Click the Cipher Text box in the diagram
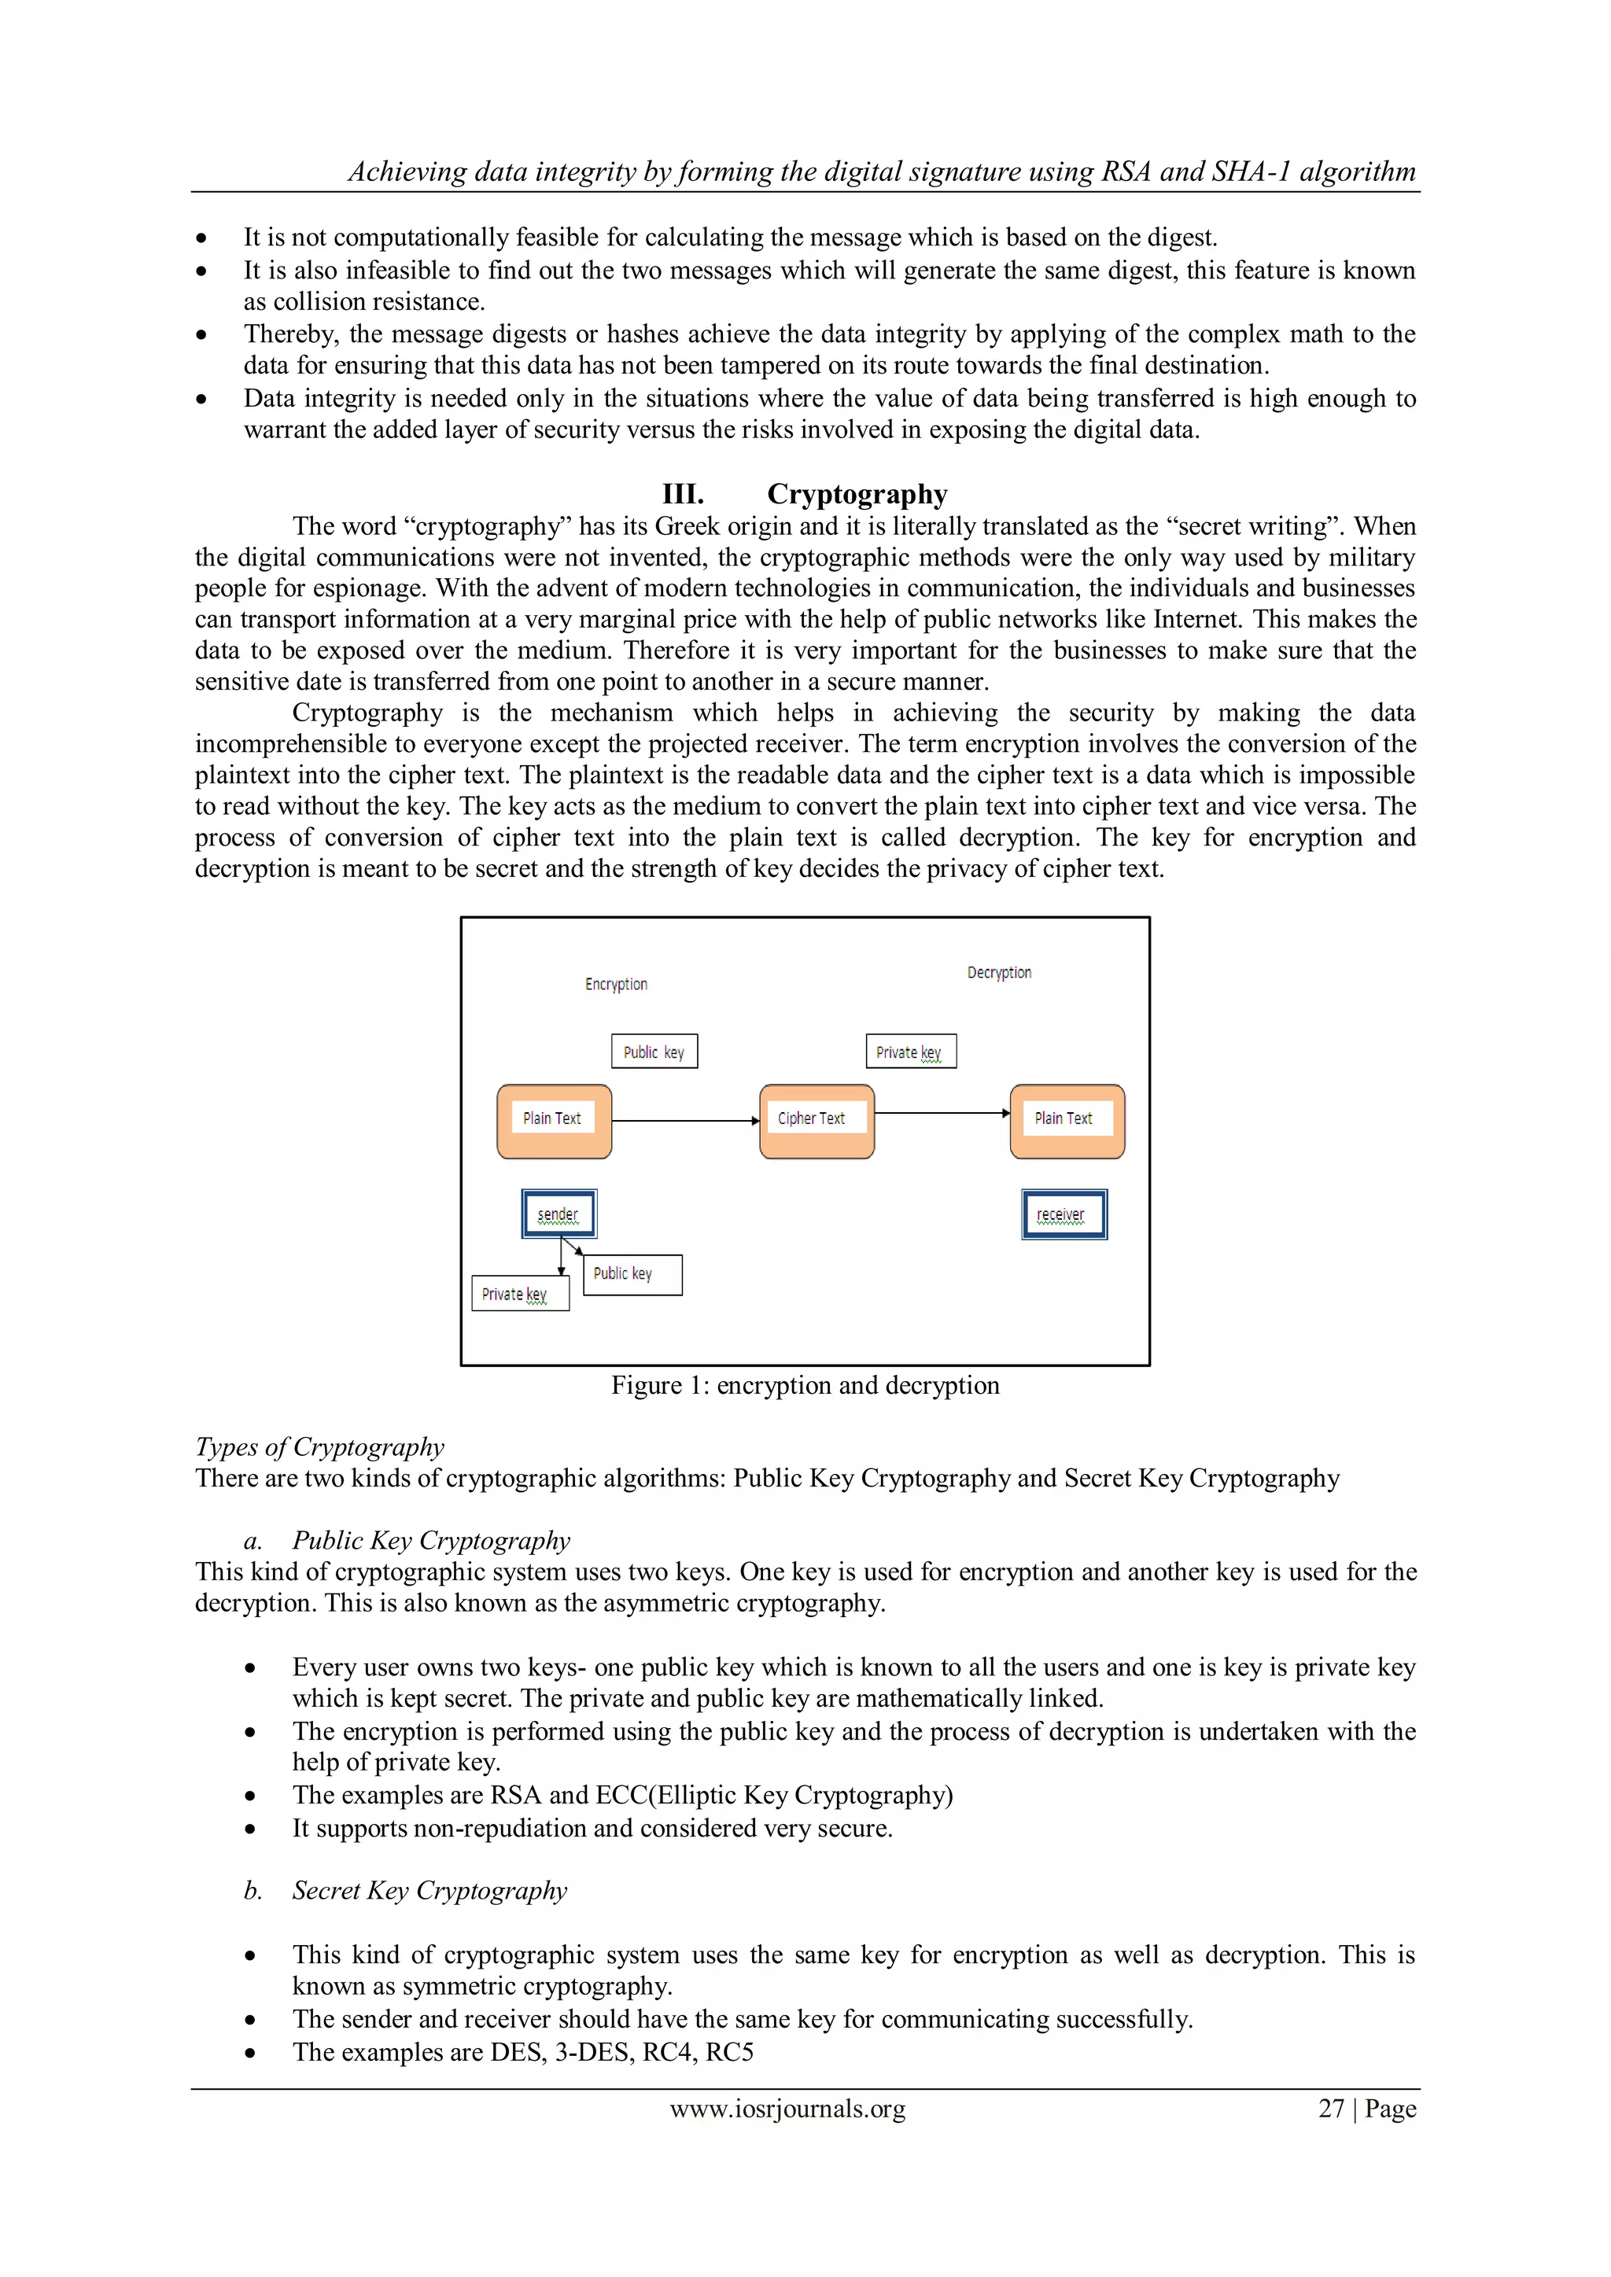pyautogui.click(x=816, y=1121)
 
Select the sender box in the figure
pyautogui.click(x=559, y=1214)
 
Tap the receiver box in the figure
pyautogui.click(x=1064, y=1214)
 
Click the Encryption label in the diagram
pyautogui.click(x=616, y=984)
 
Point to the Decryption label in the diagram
pyautogui.click(x=999, y=973)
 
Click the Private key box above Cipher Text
pyautogui.click(x=911, y=1052)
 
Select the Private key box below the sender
pyautogui.click(x=520, y=1293)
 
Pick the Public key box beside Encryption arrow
pyautogui.click(x=654, y=1052)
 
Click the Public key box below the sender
pyautogui.click(x=632, y=1274)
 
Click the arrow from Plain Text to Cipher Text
pyautogui.click(x=684, y=1121)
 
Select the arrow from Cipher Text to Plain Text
pyautogui.click(x=942, y=1113)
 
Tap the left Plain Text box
pyautogui.click(x=554, y=1121)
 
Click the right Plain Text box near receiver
pyautogui.click(x=1067, y=1121)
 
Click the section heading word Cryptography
pyautogui.click(x=857, y=494)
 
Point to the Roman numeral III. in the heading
pyautogui.click(x=683, y=494)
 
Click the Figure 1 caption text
pyautogui.click(x=805, y=1385)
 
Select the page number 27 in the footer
pyautogui.click(x=1330, y=2109)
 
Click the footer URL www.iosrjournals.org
pyautogui.click(x=787, y=2109)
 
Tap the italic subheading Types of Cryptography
pyautogui.click(x=319, y=1447)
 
